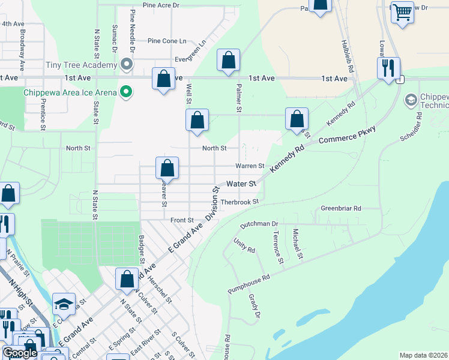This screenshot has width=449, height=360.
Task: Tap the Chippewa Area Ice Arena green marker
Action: (x=126, y=92)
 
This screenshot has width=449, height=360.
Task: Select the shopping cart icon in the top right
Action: (x=402, y=11)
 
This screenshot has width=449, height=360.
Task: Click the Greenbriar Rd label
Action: (x=340, y=208)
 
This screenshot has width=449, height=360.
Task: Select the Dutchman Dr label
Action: (x=260, y=223)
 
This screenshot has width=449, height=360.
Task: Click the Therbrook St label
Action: (x=239, y=202)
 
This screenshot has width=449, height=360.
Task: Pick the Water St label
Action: (x=241, y=183)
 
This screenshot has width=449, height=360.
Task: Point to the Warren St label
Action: (x=250, y=166)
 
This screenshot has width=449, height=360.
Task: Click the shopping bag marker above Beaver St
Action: (x=167, y=167)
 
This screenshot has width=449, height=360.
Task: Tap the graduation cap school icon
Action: (x=63, y=304)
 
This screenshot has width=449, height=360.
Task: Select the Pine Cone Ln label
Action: (x=167, y=41)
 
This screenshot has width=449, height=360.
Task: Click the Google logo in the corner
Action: (x=20, y=353)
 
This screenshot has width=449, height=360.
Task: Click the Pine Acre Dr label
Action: (x=161, y=5)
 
